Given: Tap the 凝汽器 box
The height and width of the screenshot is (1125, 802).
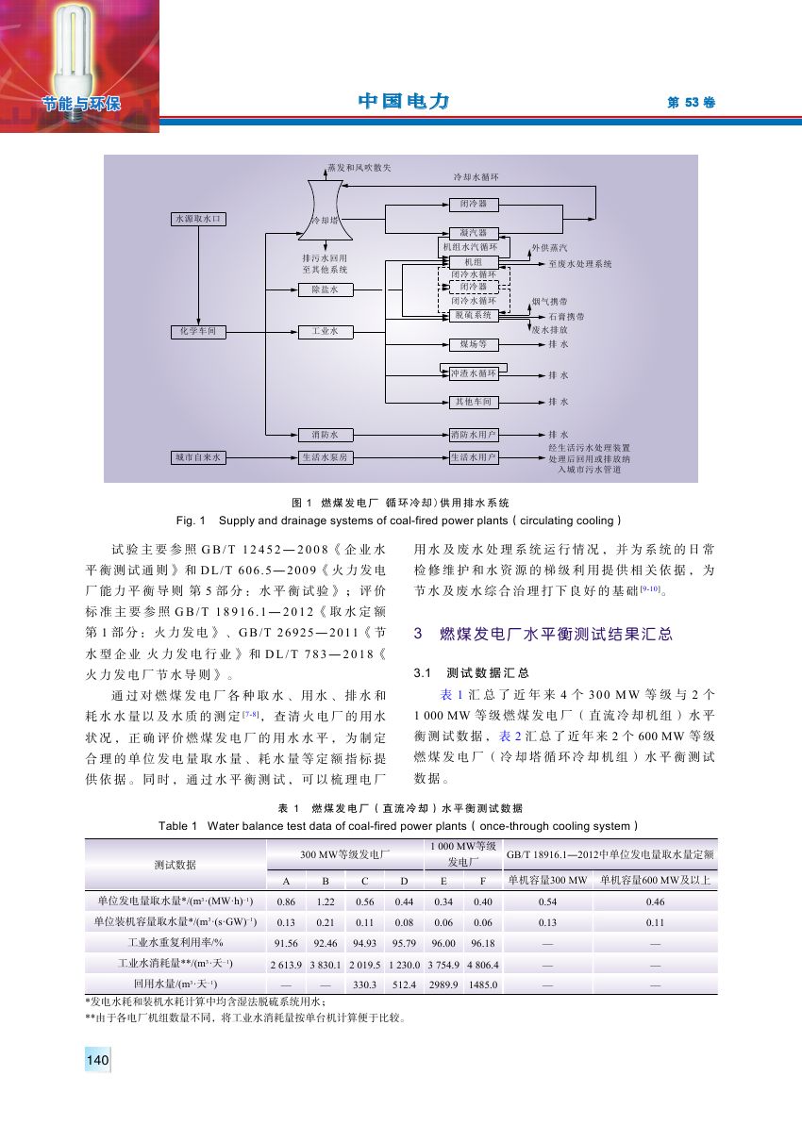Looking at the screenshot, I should pos(474,232).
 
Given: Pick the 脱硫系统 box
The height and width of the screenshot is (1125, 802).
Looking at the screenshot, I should pos(474,315).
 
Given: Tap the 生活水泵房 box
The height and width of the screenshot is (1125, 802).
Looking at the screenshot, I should pos(325,457).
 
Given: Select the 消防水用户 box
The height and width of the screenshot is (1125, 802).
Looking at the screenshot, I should pos(474,435).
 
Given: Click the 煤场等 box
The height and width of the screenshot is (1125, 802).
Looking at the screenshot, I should pos(474,345).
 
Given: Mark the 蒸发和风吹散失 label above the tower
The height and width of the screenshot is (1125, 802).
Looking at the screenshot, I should pos(359,167).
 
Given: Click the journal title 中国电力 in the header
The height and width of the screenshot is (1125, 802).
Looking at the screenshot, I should pos(402,102).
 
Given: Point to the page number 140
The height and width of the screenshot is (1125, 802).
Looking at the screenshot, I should pos(98,1061).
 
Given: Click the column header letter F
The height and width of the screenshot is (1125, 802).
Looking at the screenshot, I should pos(482,882).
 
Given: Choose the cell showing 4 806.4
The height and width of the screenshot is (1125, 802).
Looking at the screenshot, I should pos(482,964).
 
